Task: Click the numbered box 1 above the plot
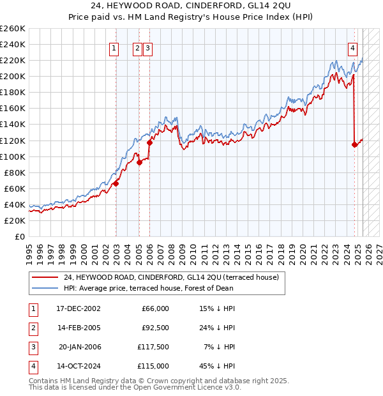click(114, 47)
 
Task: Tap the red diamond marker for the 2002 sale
click(116, 183)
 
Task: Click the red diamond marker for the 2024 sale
click(354, 144)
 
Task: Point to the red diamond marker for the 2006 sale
click(150, 142)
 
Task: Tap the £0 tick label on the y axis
click(19, 236)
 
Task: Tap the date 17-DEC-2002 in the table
click(79, 308)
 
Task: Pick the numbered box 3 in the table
click(32, 347)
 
